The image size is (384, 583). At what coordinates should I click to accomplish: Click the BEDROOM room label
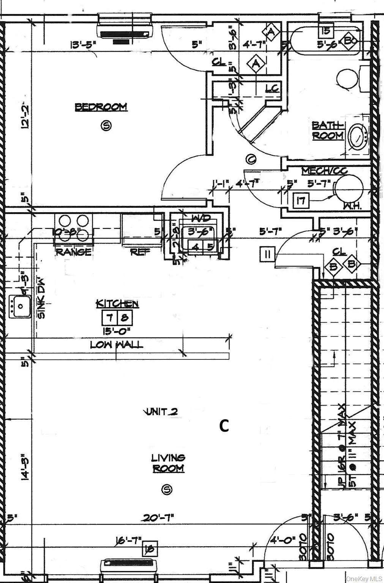pyautogui.click(x=101, y=107)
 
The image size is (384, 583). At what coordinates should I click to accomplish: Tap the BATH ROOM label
pyautogui.click(x=328, y=130)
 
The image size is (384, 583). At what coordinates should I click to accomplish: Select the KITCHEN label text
pyautogui.click(x=117, y=304)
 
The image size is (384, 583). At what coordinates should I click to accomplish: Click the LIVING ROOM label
pyautogui.click(x=168, y=463)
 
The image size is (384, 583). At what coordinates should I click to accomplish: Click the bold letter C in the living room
pyautogui.click(x=224, y=426)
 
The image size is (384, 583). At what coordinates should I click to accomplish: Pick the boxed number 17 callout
pyautogui.click(x=301, y=200)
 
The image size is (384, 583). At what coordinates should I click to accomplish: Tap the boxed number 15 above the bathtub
pyautogui.click(x=326, y=30)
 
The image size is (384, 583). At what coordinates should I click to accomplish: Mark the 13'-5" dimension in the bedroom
pyautogui.click(x=83, y=44)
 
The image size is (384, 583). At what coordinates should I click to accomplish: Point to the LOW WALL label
pyautogui.click(x=117, y=345)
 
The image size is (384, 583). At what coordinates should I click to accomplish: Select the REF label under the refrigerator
pyautogui.click(x=140, y=252)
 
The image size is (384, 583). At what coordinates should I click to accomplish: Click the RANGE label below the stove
pyautogui.click(x=74, y=252)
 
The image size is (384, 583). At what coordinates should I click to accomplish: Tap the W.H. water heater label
pyautogui.click(x=351, y=206)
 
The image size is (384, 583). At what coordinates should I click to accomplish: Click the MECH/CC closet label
pyautogui.click(x=325, y=171)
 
